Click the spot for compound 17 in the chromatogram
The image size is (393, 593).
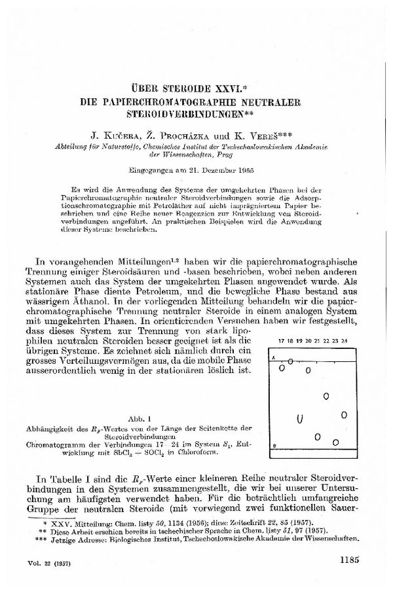tap(281, 368)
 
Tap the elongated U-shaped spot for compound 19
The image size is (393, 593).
tap(299, 418)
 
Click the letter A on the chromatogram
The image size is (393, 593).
tap(273, 357)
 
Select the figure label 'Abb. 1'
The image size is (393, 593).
tap(141, 416)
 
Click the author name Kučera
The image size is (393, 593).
tap(115, 138)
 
